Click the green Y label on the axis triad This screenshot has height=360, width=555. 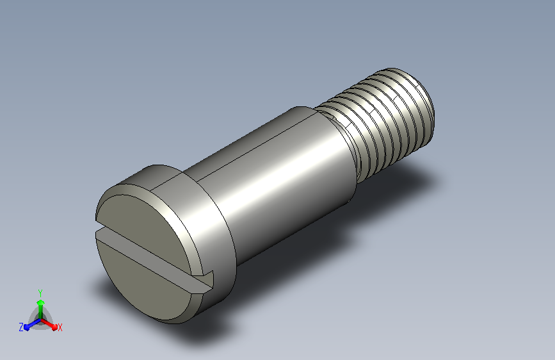40,293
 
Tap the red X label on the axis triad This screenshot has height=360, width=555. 60,327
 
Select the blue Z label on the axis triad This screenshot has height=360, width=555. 21,327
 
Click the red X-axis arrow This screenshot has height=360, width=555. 49,324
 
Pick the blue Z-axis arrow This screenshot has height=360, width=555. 33,324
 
